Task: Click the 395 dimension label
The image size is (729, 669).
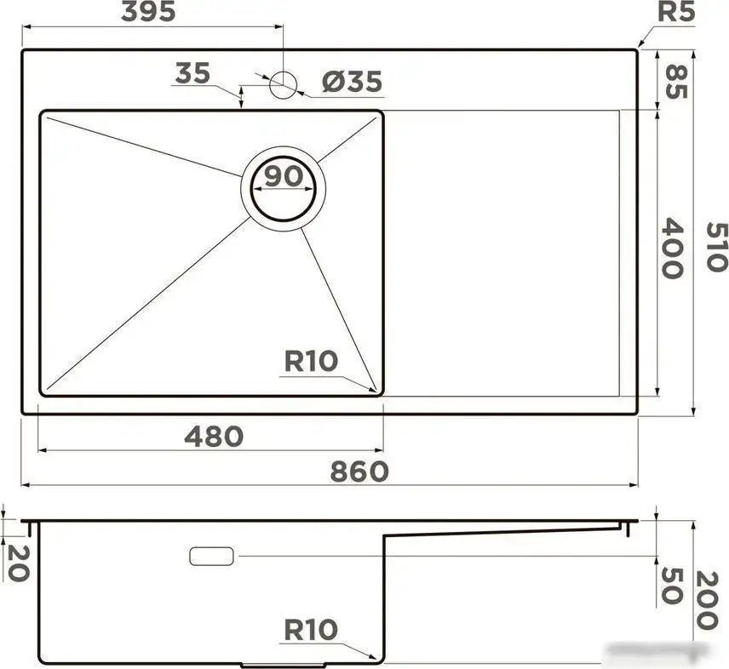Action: [x=148, y=12]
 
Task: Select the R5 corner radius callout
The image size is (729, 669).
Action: [x=676, y=13]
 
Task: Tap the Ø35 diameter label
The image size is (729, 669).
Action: [x=353, y=83]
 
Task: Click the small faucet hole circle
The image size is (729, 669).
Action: [x=283, y=84]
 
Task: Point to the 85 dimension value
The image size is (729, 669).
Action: [x=674, y=81]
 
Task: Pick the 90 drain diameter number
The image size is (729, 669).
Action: [x=283, y=176]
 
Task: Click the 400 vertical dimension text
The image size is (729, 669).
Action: [x=673, y=249]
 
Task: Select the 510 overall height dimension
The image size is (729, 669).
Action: [x=716, y=247]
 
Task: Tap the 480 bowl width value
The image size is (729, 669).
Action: [x=214, y=436]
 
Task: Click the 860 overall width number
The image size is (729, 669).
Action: [x=359, y=471]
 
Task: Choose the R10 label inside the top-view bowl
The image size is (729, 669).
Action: [x=311, y=361]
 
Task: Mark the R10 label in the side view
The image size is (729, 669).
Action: [x=311, y=630]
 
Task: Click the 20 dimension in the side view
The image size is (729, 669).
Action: [x=17, y=563]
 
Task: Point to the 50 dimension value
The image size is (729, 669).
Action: [x=672, y=585]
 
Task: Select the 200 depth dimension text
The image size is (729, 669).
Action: [x=709, y=600]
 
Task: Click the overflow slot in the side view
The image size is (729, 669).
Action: [x=212, y=556]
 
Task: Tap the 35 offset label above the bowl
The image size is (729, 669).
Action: [x=192, y=73]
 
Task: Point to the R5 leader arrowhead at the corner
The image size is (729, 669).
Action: [x=639, y=47]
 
